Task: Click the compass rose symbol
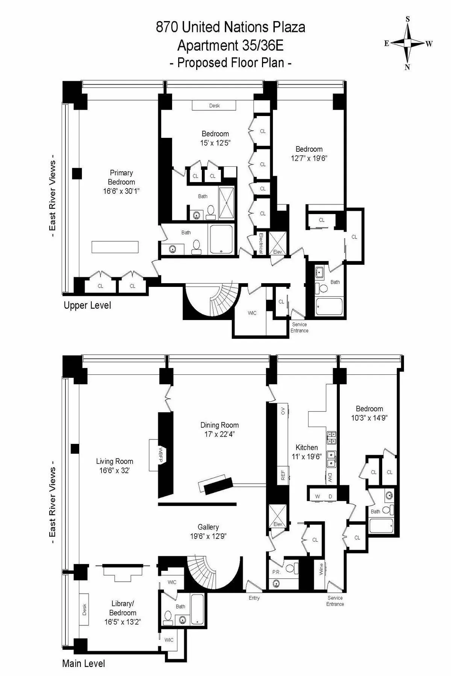pos(408,43)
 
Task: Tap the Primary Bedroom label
pos(121,177)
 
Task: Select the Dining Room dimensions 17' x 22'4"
pos(219,434)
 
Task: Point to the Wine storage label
pos(321,569)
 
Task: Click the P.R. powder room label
pos(276,572)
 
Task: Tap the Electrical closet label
pos(260,243)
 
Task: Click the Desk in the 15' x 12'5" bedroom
pos(214,106)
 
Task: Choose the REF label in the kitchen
pos(283,475)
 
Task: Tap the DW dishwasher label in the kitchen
pos(330,477)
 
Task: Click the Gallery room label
pos(208,527)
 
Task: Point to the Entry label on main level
pos(254,598)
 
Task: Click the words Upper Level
pos(87,305)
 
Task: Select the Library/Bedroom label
pos(123,608)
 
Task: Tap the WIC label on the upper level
pos(252,313)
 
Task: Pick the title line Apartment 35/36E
pos(230,45)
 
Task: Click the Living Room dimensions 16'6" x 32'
pos(115,470)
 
